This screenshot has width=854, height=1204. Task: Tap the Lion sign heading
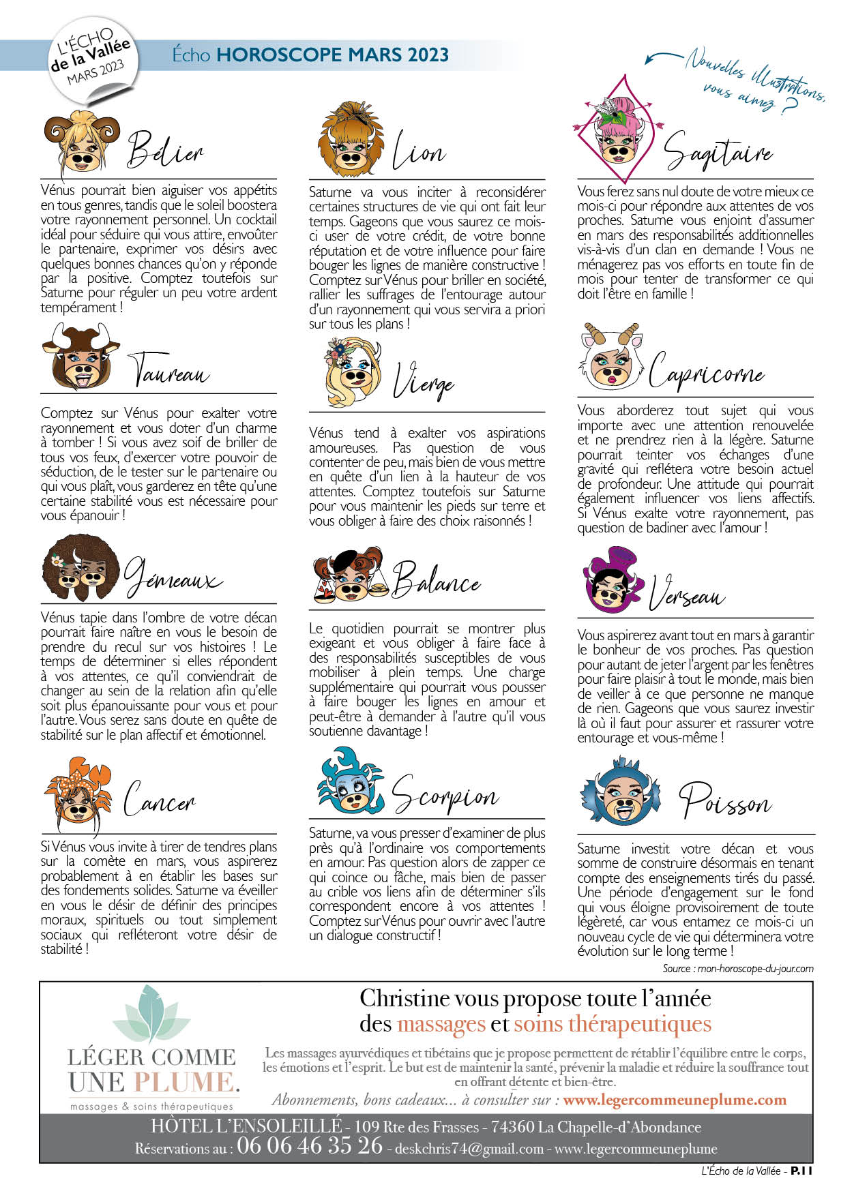[x=418, y=151]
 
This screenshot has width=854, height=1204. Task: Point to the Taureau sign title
[x=169, y=371]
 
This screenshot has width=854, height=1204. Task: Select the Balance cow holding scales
[x=352, y=575]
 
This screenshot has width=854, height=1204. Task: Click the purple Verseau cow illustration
[x=612, y=580]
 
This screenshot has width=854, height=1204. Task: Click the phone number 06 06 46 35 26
[x=310, y=1145]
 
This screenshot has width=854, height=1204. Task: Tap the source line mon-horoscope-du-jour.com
[x=737, y=969]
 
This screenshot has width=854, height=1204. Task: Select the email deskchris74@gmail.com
[x=469, y=1149]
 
